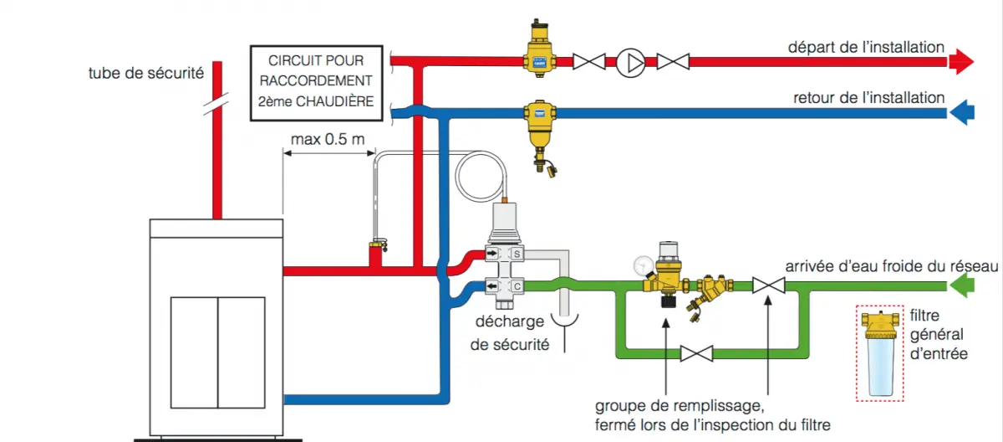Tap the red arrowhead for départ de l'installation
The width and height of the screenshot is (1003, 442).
point(964,61)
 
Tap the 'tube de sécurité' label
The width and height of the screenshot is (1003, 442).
point(145,73)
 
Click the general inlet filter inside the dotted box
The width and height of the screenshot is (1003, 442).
point(878,352)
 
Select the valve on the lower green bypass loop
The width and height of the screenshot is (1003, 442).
point(695,354)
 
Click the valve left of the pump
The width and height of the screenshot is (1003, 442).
point(589,62)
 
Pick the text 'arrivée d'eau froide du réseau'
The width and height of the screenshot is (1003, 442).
point(891,266)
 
